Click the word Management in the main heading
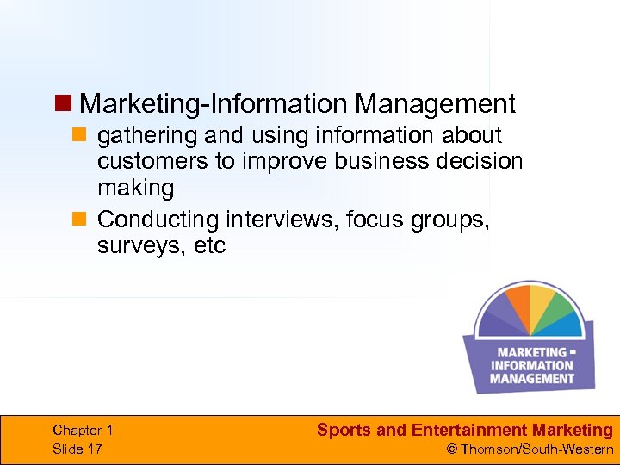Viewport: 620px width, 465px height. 435,104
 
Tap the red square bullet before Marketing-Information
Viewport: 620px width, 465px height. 62,104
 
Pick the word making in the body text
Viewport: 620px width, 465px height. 135,188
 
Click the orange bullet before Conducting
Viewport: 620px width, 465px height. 78,220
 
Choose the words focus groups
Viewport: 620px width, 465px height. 418,220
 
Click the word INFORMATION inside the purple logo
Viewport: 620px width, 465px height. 532,365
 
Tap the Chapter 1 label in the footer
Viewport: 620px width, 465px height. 83,430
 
